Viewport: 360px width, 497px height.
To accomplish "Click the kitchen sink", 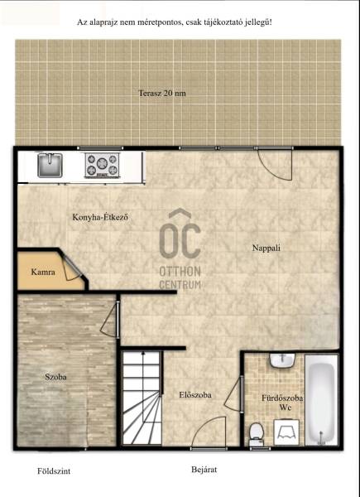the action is pos(50,165).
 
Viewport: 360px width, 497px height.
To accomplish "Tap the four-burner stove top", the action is pos(102,165).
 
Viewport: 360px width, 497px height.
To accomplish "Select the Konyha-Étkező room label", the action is pos(100,218).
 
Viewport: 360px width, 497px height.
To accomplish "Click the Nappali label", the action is pos(266,248).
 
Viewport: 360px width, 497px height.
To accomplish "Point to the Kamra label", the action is pos(43,272).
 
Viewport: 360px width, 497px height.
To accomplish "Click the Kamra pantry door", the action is pos(72,268).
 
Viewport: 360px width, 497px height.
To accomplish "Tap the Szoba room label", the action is pos(55,377).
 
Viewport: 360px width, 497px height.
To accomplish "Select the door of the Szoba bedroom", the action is pos(110,319).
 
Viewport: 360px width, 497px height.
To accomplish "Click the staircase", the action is pos(142,398).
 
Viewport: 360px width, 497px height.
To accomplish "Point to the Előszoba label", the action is pos(195,395).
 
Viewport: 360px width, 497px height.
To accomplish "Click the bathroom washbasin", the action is pos(282,360).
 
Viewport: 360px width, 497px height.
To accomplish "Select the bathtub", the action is pos(321,400).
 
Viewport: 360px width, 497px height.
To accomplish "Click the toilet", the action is pos(256,434).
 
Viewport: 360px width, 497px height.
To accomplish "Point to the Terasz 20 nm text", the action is pos(162,93).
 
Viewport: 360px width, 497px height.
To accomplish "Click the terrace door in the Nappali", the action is pos(275,164).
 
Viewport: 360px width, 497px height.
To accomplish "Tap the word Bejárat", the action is pos(204,470).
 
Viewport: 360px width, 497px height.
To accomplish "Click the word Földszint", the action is pos(54,471).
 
